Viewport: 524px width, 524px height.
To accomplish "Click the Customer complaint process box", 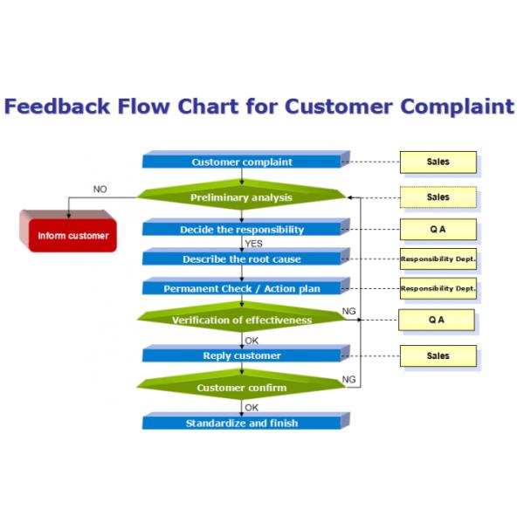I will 242,162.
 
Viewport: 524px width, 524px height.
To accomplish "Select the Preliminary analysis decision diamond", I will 242,197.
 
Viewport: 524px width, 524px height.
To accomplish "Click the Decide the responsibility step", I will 242,230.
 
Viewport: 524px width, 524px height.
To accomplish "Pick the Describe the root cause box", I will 242,259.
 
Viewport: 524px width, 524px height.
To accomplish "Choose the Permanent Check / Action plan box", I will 242,288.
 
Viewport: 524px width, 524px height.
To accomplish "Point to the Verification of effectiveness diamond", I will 242,320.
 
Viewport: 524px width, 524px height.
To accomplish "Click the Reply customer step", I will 242,355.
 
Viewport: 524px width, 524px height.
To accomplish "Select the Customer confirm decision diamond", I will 242,388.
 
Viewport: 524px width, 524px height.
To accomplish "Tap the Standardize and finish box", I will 242,423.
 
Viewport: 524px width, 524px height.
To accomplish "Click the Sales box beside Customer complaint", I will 438,162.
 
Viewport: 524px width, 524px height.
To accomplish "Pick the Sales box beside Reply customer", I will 438,355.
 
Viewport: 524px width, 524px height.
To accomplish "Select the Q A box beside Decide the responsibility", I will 438,230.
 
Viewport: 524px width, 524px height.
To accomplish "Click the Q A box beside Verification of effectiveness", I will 437,320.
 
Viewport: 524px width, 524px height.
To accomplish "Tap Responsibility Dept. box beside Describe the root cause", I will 438,259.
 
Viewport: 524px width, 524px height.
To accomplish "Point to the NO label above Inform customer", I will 100,189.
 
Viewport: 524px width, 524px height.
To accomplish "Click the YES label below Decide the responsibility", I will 254,244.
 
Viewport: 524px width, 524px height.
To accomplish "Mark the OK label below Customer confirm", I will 252,407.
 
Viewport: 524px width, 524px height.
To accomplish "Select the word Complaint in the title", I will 458,107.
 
